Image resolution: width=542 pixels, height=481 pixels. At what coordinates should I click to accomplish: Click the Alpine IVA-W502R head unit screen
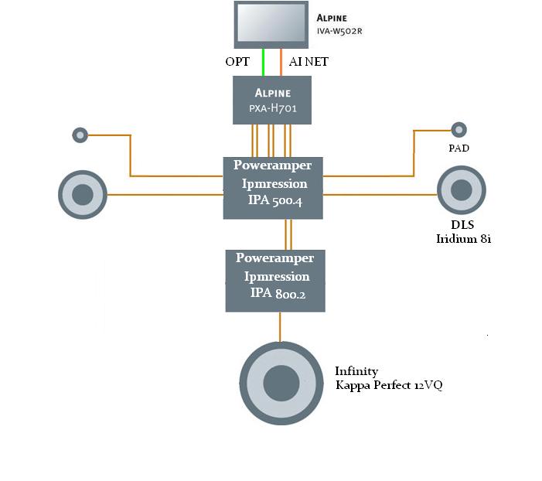click(x=272, y=23)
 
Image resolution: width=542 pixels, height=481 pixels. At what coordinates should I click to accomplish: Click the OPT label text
click(x=238, y=62)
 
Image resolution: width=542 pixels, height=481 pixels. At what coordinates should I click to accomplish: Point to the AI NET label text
click(x=308, y=62)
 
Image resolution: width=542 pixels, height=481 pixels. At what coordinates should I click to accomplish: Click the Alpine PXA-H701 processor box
click(x=272, y=100)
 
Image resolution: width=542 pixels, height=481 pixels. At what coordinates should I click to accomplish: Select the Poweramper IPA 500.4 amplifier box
click(x=272, y=187)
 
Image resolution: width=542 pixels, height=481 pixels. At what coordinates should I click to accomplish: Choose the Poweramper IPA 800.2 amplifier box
click(x=275, y=280)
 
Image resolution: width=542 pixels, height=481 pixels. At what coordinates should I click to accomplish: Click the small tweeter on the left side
click(x=80, y=135)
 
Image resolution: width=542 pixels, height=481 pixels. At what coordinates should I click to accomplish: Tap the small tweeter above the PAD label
click(x=458, y=130)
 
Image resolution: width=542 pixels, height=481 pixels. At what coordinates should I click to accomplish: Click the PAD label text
click(x=458, y=148)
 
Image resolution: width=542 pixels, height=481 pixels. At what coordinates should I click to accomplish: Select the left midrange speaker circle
click(x=83, y=193)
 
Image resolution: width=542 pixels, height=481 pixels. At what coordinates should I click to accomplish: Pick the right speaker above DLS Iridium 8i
click(x=462, y=190)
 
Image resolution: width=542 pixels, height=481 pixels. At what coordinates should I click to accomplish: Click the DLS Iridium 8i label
click(x=464, y=232)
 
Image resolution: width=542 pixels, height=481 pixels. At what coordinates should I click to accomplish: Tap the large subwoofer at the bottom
click(x=280, y=382)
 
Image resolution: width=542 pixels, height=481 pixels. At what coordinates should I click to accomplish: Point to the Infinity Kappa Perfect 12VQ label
click(x=388, y=378)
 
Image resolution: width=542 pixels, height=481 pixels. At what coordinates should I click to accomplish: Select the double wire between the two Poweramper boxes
click(x=287, y=234)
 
